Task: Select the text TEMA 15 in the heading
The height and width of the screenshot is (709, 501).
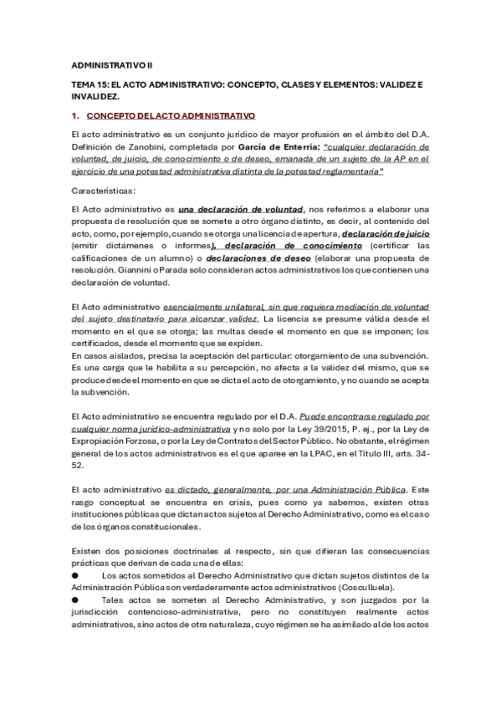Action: (x=87, y=84)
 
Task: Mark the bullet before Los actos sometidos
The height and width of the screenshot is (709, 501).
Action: (x=74, y=575)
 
